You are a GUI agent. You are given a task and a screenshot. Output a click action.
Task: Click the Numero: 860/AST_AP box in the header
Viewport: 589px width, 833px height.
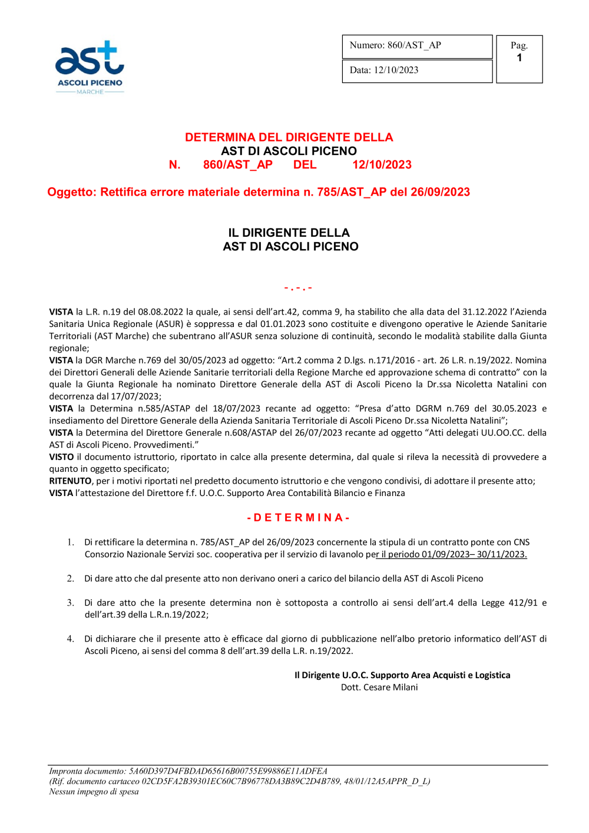point(416,46)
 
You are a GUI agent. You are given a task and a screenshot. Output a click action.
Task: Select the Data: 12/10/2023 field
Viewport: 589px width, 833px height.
point(416,70)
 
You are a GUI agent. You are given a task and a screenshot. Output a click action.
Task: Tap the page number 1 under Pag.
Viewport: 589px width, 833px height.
point(519,58)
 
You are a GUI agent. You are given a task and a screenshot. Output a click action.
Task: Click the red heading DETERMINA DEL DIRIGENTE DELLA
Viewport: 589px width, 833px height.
point(289,137)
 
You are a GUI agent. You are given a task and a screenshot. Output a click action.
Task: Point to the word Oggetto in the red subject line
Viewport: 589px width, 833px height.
point(71,192)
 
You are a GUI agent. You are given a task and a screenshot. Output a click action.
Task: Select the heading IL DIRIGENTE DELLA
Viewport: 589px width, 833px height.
point(289,233)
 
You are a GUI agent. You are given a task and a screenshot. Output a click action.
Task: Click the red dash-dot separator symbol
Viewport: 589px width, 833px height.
point(298,288)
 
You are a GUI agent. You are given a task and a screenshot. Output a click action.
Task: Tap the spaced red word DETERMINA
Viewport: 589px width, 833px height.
point(298,518)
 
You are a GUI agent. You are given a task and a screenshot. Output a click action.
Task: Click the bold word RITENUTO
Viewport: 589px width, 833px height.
point(70,481)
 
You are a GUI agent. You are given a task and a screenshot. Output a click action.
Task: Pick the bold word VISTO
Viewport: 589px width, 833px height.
point(61,457)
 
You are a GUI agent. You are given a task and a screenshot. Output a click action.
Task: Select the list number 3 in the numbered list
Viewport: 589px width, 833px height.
point(70,603)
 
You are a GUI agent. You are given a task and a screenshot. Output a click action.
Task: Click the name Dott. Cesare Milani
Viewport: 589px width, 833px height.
point(379,687)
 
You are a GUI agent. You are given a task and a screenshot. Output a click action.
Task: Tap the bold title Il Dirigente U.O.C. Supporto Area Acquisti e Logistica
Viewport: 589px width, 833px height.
point(402,675)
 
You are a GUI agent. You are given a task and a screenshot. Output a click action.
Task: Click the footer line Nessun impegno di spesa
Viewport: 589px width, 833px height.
point(94,792)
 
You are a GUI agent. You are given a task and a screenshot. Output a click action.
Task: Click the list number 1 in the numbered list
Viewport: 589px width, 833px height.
point(70,542)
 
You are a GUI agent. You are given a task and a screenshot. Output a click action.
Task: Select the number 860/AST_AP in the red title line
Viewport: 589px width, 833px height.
point(237,165)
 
